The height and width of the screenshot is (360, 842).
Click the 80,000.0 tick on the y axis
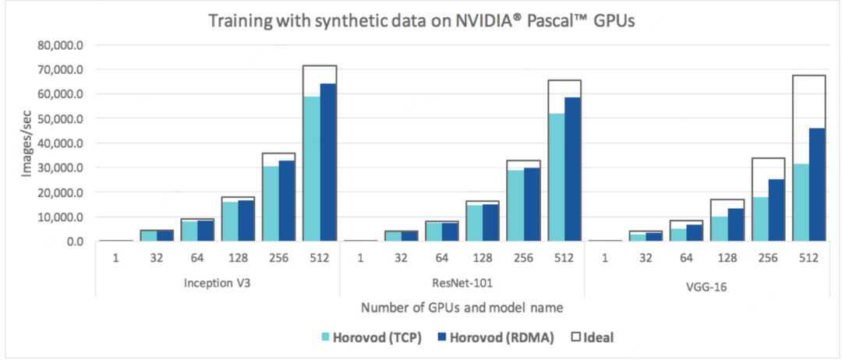point(62,45)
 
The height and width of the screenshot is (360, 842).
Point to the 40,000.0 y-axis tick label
point(62,143)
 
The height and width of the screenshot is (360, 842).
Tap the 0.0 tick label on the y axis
point(73,242)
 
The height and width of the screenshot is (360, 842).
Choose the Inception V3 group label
point(217,284)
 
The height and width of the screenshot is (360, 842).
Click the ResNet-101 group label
point(462,284)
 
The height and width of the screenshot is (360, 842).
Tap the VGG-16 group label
point(706,285)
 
